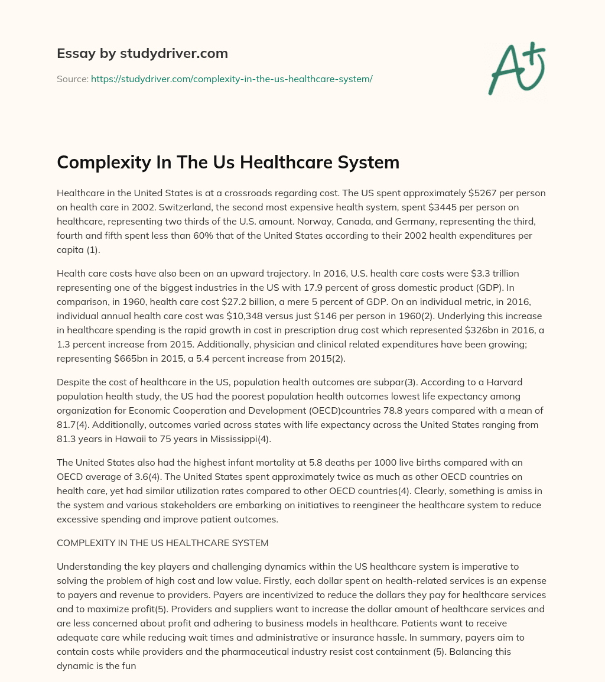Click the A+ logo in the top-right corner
point(516,69)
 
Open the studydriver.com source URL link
point(232,79)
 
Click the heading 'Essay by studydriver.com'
point(142,53)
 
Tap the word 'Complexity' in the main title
point(103,162)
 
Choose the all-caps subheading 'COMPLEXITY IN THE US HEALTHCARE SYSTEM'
point(162,543)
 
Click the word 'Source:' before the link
point(72,79)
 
